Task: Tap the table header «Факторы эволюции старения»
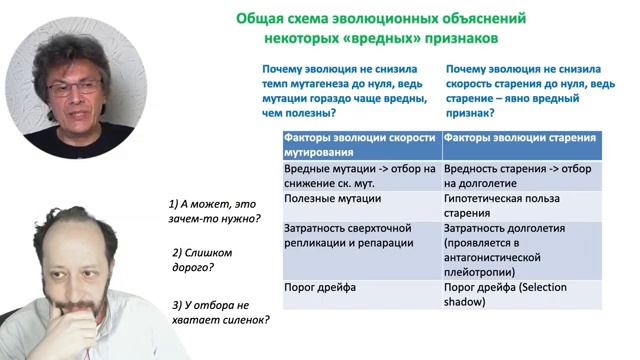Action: pos(520,138)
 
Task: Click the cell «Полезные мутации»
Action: pos(329,201)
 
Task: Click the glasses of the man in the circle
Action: pos(75,88)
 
